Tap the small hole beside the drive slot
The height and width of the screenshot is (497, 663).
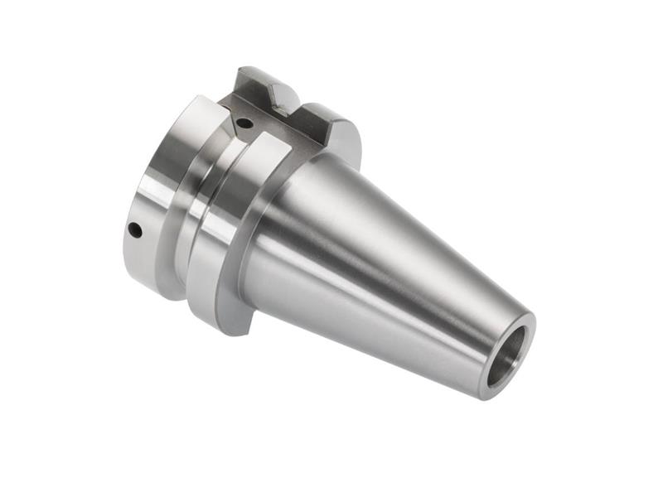[x=243, y=123]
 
